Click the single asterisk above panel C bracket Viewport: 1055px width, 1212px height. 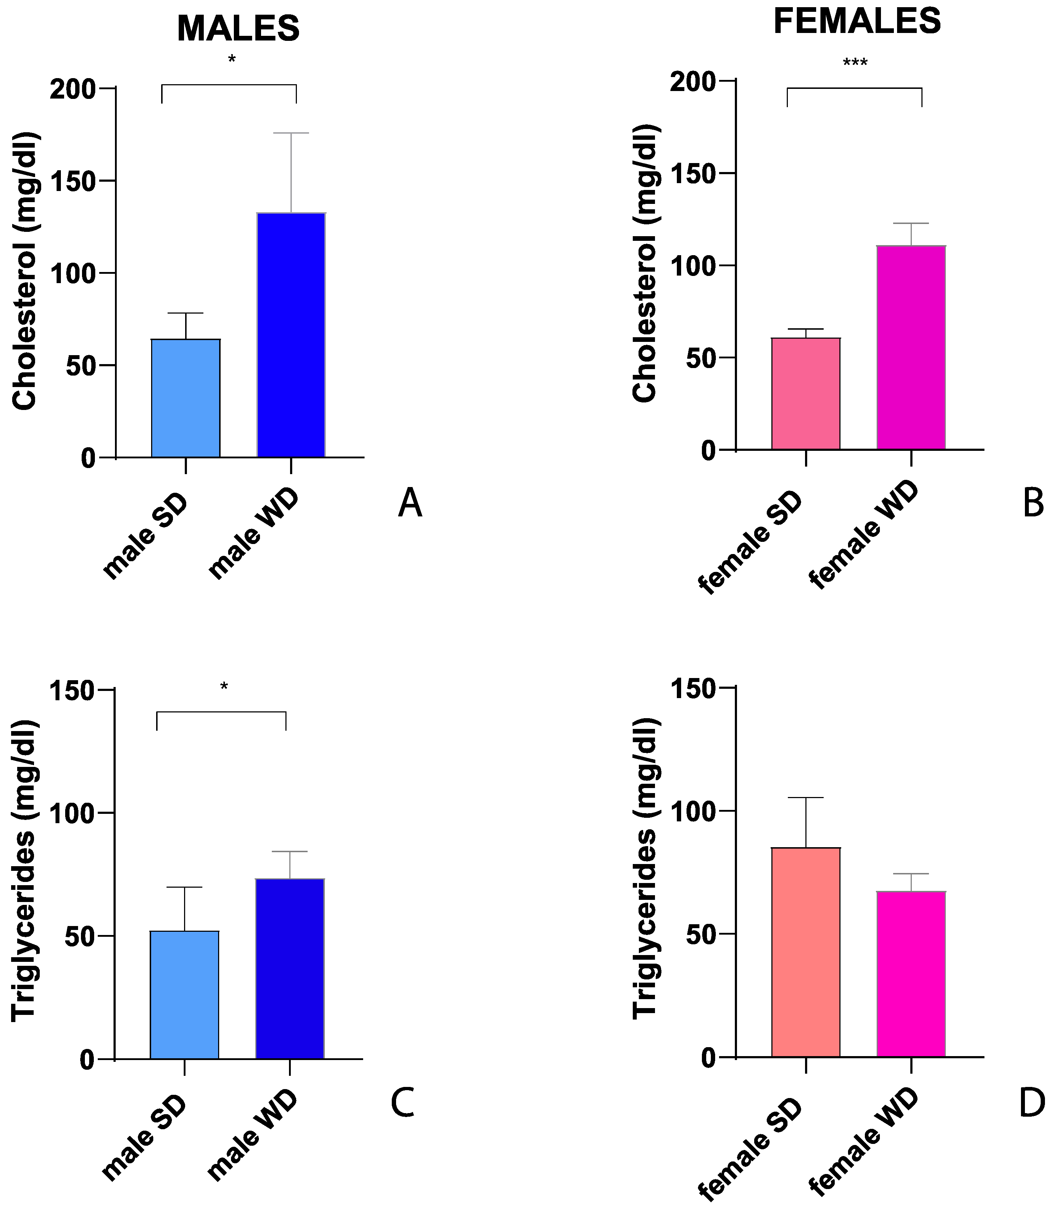pyautogui.click(x=224, y=686)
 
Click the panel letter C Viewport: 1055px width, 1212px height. pyautogui.click(x=403, y=1103)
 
